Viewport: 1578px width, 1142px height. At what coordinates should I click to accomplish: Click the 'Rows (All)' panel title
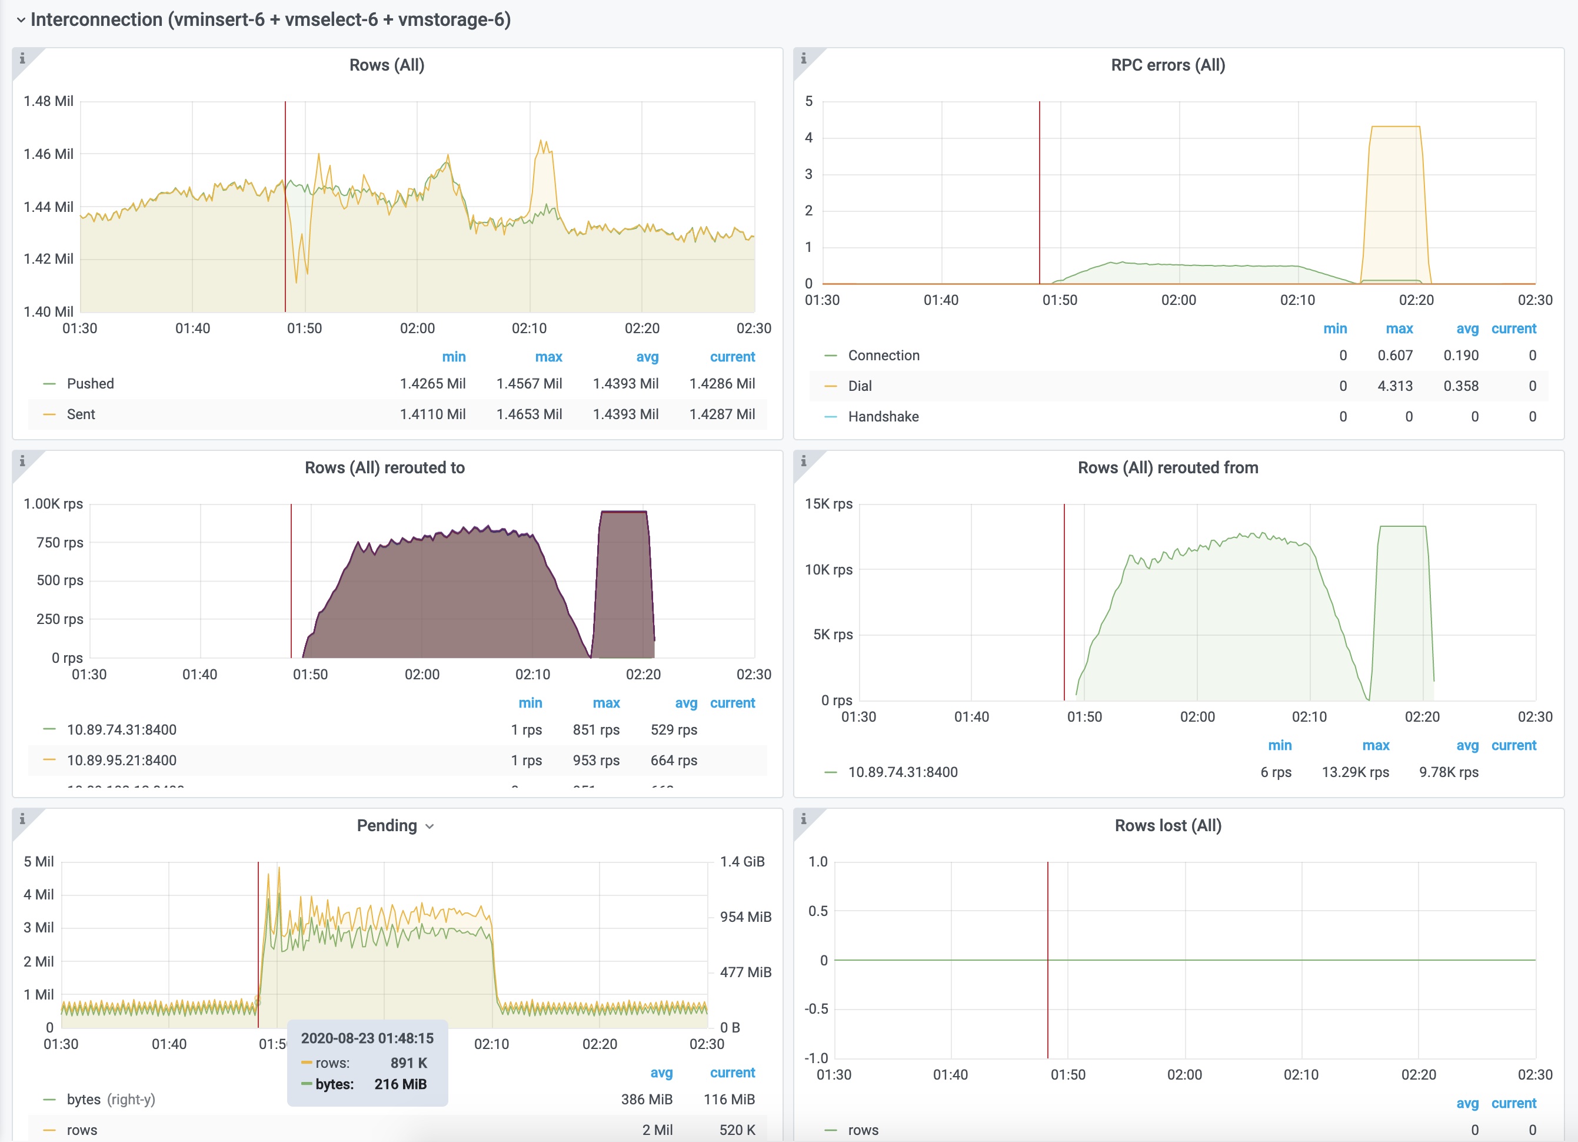[x=387, y=65]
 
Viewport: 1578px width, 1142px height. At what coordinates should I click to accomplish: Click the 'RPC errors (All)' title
[x=1167, y=65]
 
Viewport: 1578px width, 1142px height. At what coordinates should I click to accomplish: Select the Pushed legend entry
[x=91, y=383]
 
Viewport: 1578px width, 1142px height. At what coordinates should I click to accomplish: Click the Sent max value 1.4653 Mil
[x=529, y=414]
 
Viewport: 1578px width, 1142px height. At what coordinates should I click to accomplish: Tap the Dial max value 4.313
[x=1394, y=386]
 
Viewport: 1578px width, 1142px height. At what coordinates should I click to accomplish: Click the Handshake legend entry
[x=883, y=416]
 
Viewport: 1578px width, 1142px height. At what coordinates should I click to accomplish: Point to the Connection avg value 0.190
[x=1460, y=355]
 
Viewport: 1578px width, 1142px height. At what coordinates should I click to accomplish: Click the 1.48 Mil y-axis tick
[x=48, y=101]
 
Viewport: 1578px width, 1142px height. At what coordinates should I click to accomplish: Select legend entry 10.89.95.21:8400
[x=122, y=760]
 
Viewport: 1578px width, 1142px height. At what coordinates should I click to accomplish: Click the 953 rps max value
[x=595, y=760]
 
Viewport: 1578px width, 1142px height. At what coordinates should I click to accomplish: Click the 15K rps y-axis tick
[x=828, y=503]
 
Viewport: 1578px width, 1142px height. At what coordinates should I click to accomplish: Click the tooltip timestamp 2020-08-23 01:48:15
[x=367, y=1038]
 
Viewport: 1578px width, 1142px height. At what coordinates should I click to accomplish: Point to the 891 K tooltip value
[x=408, y=1063]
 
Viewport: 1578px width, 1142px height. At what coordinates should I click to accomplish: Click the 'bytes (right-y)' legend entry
[x=111, y=1099]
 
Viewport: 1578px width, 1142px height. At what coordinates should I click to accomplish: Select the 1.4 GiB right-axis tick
[x=742, y=862]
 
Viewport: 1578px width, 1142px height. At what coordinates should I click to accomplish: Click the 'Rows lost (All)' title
[x=1167, y=825]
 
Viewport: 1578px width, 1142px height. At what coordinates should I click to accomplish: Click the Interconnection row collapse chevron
[x=21, y=19]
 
